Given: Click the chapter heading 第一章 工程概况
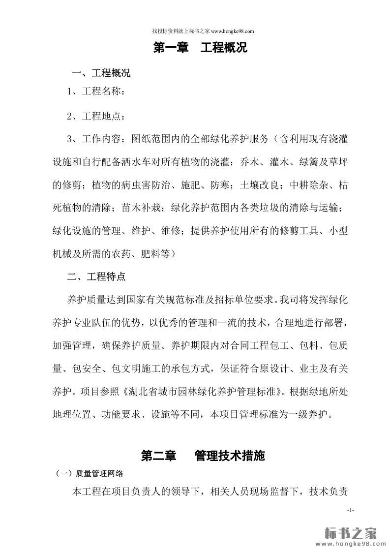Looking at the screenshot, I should point(201,48).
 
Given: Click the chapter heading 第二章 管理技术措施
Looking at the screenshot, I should point(203,456).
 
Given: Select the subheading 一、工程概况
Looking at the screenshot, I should point(101,74).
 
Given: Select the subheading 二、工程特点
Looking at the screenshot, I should point(96,276).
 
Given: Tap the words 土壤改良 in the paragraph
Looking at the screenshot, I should point(259,185).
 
